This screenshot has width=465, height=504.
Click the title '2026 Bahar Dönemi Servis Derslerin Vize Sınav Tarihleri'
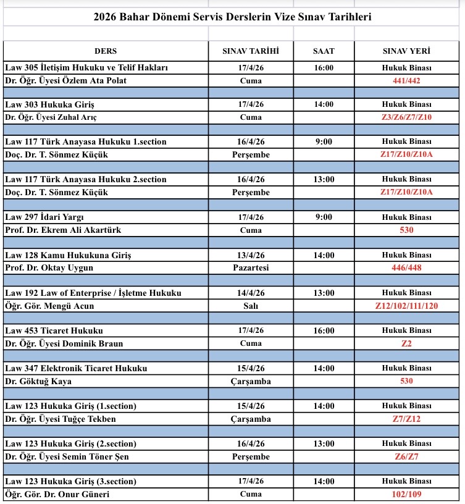pyautogui.click(x=232, y=17)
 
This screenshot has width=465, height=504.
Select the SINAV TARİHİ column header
pyautogui.click(x=251, y=51)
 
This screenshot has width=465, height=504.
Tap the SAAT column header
pyautogui.click(x=324, y=51)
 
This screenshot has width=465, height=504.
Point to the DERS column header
pyautogui.click(x=106, y=51)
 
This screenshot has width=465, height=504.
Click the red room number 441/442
pyautogui.click(x=406, y=80)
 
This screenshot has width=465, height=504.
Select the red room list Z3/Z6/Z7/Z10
pyautogui.click(x=406, y=117)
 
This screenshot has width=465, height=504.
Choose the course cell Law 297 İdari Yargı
pyautogui.click(x=44, y=217)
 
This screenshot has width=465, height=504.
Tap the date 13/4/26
pyautogui.click(x=251, y=254)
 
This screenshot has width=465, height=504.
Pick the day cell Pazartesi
pyautogui.click(x=251, y=267)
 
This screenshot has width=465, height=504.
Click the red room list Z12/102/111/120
pyautogui.click(x=406, y=305)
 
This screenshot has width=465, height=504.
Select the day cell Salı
pyautogui.click(x=251, y=305)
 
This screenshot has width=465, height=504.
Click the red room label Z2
pyautogui.click(x=406, y=343)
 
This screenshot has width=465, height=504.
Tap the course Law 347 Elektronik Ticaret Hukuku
pyautogui.click(x=76, y=368)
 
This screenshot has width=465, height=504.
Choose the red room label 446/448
pyautogui.click(x=406, y=267)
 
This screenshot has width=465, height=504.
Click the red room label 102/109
pyautogui.click(x=406, y=494)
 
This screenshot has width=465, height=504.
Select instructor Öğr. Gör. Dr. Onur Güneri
pyautogui.click(x=61, y=494)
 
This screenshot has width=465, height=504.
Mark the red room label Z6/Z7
pyautogui.click(x=406, y=456)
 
